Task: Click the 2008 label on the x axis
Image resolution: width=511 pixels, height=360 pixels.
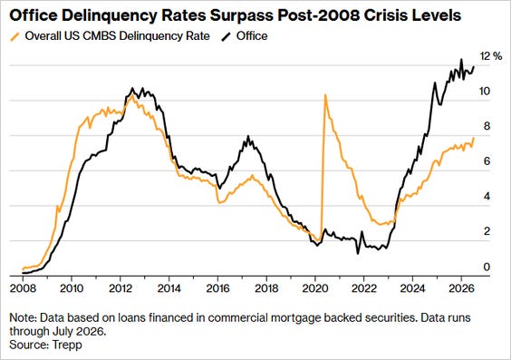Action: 22,288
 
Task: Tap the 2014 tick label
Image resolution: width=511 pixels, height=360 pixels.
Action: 169,288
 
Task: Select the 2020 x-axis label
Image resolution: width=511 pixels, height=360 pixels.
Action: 315,288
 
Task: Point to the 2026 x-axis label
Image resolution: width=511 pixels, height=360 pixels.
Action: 461,288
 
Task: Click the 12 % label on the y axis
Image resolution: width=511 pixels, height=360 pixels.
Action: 491,56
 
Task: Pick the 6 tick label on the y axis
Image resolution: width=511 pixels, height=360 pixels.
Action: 487,161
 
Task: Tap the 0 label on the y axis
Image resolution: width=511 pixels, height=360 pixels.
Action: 487,267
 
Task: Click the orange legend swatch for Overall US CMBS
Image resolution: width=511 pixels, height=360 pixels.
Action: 15,36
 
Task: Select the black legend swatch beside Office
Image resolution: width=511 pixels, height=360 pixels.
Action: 227,36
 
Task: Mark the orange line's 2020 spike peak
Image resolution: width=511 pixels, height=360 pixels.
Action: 325,95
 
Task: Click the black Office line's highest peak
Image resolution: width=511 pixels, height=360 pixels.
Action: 461,59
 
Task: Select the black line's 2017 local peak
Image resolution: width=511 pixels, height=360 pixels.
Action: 248,136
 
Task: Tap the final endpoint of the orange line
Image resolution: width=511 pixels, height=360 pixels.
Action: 474,138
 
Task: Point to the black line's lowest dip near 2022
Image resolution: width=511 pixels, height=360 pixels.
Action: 358,253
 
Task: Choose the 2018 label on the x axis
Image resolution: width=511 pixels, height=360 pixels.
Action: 266,288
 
